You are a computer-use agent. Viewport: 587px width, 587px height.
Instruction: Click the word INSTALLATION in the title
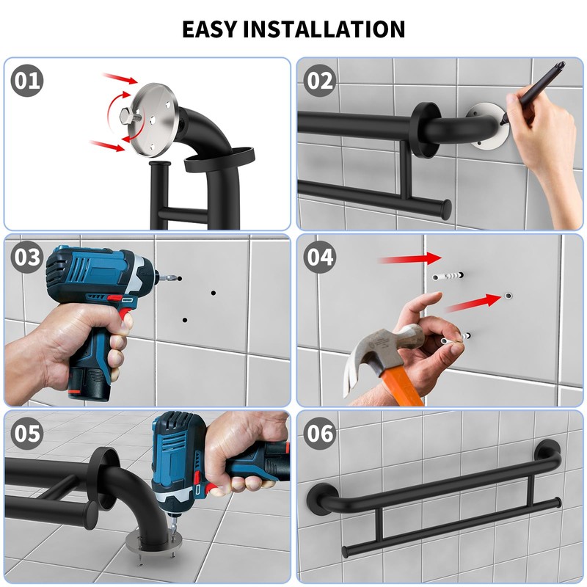[324, 29]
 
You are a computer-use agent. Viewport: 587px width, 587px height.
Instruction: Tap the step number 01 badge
[27, 81]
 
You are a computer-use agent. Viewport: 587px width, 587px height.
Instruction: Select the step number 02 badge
[320, 81]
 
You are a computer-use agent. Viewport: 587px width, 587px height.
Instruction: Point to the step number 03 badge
[27, 258]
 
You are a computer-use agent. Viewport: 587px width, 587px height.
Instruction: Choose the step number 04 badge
[320, 258]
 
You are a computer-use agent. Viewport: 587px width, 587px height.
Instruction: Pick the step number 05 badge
[27, 434]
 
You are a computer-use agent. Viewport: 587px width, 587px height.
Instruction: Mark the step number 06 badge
[320, 434]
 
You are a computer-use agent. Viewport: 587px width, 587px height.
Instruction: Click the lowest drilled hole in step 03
[185, 320]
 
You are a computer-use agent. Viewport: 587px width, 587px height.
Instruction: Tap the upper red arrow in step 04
[411, 259]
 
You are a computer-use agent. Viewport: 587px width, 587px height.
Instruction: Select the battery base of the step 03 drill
[89, 385]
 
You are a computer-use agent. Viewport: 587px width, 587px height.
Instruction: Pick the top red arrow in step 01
[120, 79]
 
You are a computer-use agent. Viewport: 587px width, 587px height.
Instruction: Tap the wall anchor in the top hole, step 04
[448, 277]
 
